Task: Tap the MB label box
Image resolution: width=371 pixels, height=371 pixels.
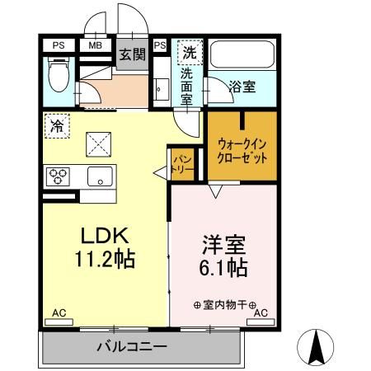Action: click(95, 45)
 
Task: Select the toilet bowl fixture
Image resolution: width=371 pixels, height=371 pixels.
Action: click(58, 77)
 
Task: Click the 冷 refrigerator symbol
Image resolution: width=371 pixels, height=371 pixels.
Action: click(57, 127)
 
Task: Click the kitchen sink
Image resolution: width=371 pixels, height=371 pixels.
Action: click(100, 175)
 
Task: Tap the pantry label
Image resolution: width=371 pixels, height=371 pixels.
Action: click(183, 162)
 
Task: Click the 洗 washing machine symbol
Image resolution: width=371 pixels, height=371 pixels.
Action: click(189, 51)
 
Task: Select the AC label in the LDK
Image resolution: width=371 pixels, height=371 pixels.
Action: click(59, 313)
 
